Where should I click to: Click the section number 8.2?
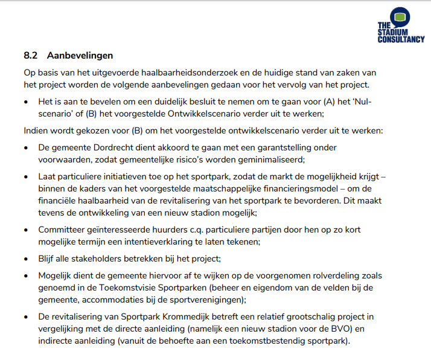(31, 56)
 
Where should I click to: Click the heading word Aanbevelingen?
(80, 56)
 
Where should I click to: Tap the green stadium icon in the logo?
(399, 17)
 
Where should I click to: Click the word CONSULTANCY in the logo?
(401, 39)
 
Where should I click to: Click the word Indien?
(36, 130)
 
